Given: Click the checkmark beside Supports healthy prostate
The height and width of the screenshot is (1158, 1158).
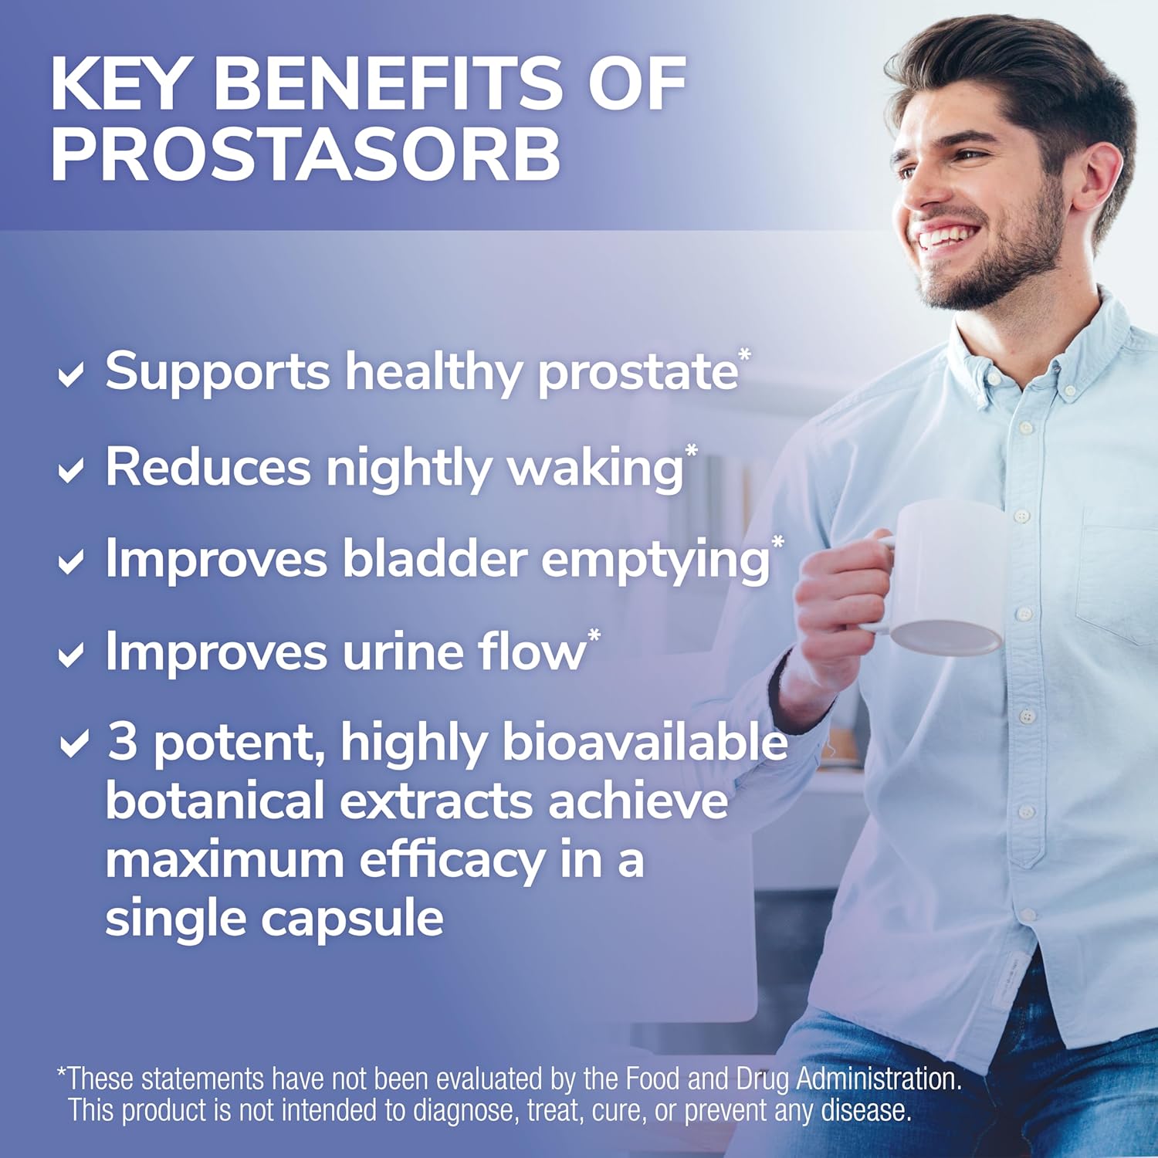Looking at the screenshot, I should [71, 376].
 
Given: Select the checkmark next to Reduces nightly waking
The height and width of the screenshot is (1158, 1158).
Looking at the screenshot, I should [71, 470].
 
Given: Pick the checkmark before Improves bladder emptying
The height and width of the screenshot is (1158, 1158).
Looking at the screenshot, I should [71, 562].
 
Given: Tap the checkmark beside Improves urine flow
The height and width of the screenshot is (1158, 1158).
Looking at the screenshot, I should [71, 656].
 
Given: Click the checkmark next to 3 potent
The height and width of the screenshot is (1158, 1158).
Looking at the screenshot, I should [74, 745].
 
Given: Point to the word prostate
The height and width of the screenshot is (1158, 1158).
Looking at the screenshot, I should [638, 374].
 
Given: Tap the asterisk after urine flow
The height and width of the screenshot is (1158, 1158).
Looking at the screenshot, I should [594, 638].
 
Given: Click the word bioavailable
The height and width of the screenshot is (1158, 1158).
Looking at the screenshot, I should [645, 743].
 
